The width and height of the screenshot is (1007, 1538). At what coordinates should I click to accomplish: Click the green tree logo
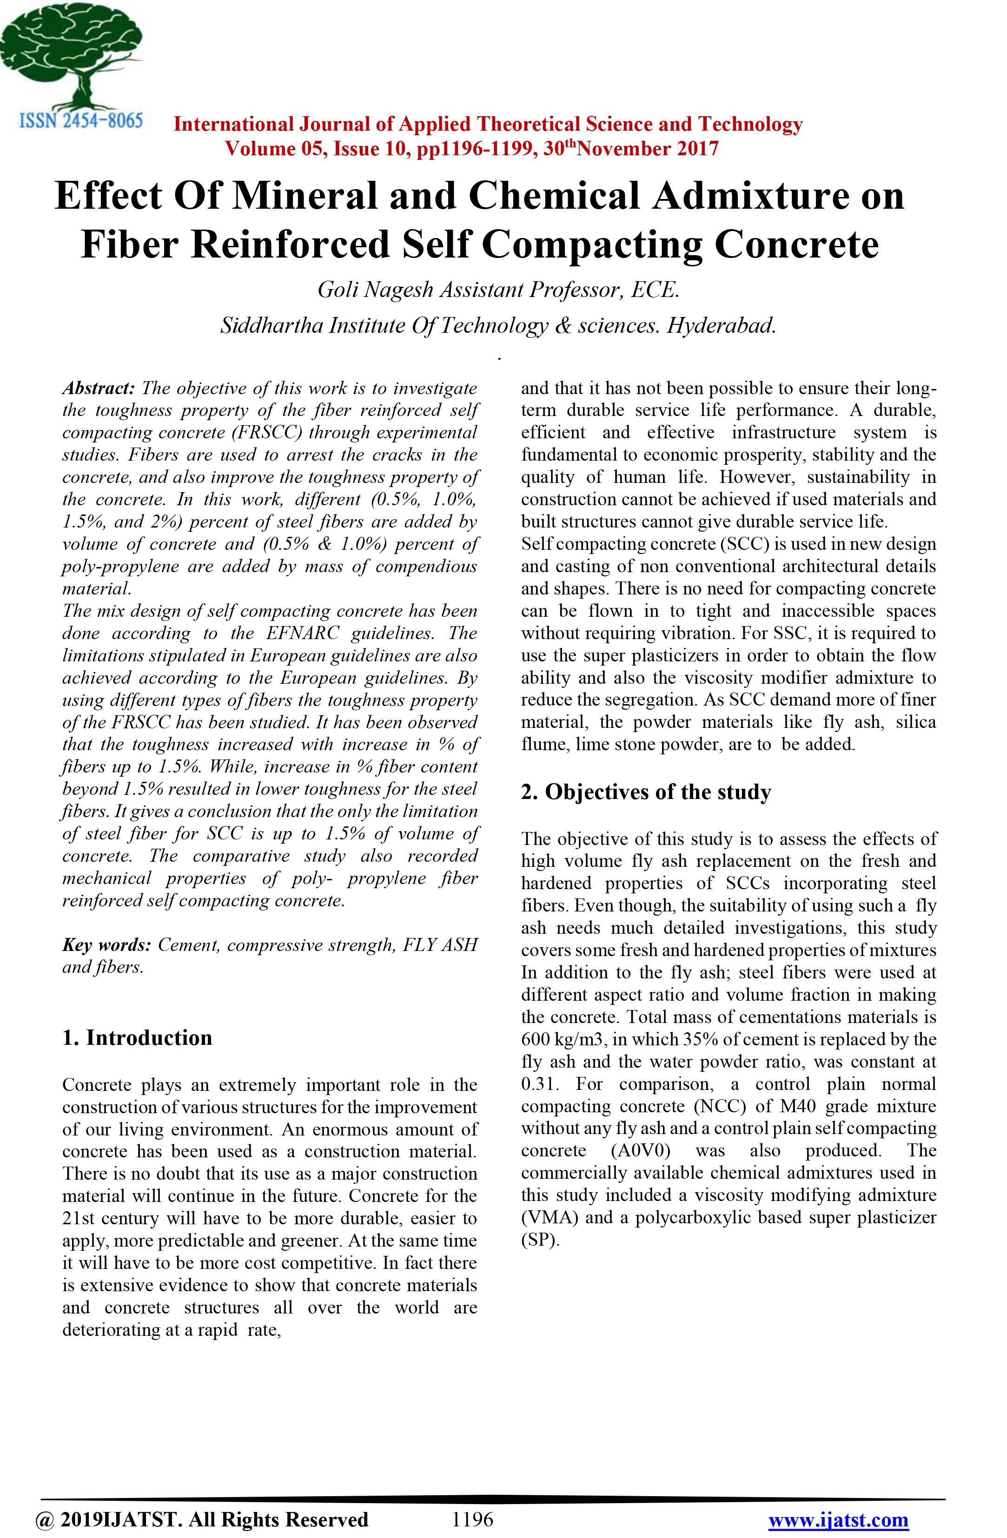pos(71,55)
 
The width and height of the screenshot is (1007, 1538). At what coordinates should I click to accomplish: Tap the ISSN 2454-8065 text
pos(81,121)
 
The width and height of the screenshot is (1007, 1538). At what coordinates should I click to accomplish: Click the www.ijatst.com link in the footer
pos(838,1520)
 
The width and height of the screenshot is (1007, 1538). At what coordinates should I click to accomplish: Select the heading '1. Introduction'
pos(137,1037)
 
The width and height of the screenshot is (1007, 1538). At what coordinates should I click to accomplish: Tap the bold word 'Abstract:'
pos(98,388)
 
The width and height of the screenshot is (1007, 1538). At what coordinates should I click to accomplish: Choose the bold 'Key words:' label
pos(106,945)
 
